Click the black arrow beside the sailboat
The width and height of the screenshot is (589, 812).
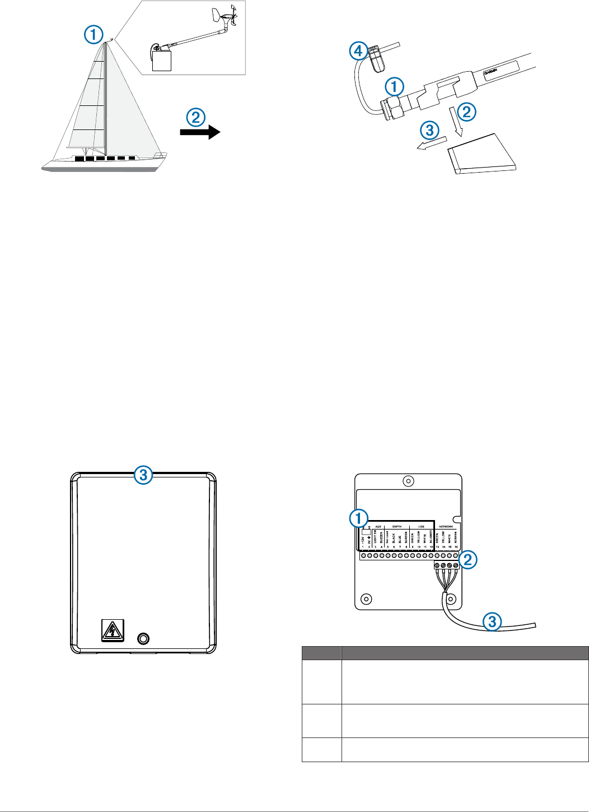pos(200,132)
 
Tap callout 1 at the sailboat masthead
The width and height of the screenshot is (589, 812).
pos(94,35)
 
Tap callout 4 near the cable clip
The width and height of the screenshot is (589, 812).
pos(358,52)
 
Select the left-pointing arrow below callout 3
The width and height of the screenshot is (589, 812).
pos(432,144)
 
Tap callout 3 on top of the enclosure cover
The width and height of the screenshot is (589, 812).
pos(143,475)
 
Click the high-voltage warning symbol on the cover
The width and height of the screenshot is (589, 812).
pos(112,631)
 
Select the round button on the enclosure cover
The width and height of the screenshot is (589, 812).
pos(144,638)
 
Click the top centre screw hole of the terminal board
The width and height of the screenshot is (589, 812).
pos(409,481)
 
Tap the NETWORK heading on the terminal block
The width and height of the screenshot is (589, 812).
pos(446,527)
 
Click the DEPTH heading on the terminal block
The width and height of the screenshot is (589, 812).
pos(397,527)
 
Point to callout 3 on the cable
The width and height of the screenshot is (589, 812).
pos(492,621)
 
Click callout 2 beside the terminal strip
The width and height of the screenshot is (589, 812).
pos(468,559)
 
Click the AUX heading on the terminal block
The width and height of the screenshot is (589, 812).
pos(378,527)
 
